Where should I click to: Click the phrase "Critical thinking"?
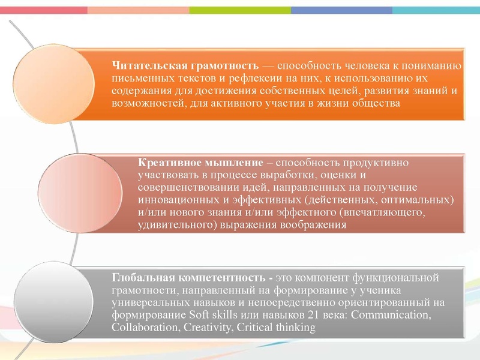click(x=276, y=327)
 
